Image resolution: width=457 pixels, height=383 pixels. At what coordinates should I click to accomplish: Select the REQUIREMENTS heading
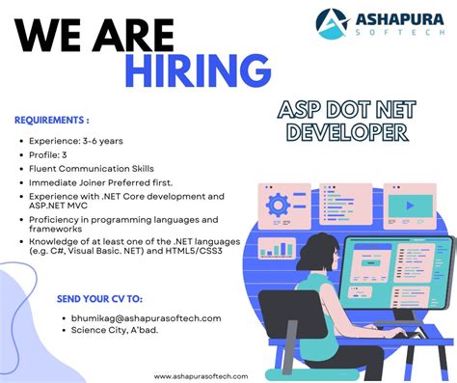[52, 121]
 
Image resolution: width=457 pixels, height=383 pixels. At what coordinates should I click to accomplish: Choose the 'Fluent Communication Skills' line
[94, 168]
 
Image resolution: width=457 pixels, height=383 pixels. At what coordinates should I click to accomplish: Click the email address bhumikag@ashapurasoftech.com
[147, 317]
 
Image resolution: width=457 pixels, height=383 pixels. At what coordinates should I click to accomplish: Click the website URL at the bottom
[202, 375]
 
